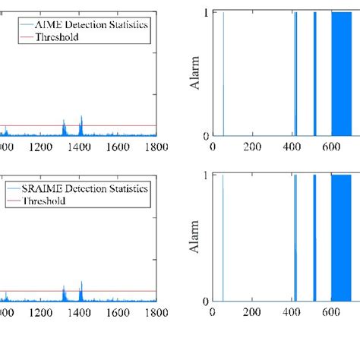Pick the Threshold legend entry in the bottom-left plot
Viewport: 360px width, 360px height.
tap(45, 201)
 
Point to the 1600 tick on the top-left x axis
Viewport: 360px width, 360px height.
tap(117, 149)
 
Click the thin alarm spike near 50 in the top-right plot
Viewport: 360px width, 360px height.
tap(223, 76)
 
